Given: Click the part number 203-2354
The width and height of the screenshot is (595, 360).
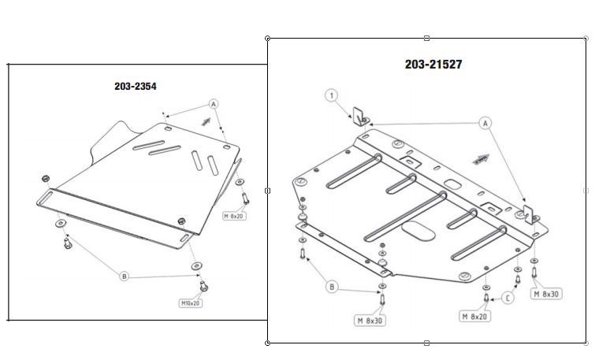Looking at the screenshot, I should pos(136,86).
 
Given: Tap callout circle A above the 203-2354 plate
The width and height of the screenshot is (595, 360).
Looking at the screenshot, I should pos(213,104).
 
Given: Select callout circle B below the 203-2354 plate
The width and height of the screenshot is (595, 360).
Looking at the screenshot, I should pos(124,276).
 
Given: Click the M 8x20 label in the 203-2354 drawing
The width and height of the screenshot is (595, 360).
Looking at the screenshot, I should pos(235,214).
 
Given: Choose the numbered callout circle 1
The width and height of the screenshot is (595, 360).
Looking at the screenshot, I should pos(332,95).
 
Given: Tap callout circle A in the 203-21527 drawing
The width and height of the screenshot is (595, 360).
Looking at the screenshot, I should pos(485,123).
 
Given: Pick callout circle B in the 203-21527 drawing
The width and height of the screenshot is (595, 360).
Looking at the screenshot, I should pos(332,287).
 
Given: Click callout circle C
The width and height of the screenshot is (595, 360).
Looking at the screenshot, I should pos(508,297).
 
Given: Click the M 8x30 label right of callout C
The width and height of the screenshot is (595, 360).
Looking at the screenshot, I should pos(545,294).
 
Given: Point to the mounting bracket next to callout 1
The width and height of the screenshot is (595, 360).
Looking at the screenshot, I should pos(360,115).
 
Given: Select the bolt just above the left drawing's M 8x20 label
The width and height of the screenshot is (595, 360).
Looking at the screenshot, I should pos(245,196).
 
